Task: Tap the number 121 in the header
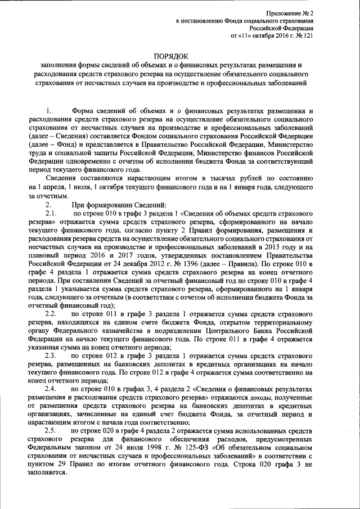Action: pyautogui.click(x=308, y=35)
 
